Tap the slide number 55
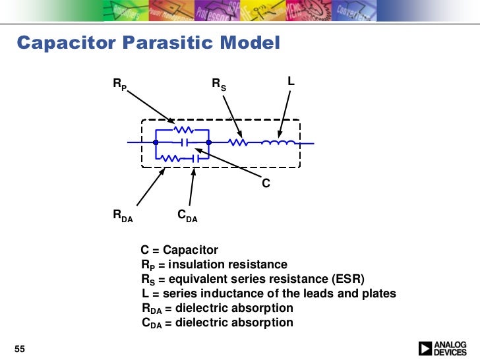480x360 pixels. [19, 348]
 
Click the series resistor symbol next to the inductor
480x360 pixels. [237, 142]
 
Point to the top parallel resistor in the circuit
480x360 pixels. [183, 130]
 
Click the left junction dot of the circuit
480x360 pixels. [156, 142]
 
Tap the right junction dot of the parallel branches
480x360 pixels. [208, 142]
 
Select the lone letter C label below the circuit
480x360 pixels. [266, 184]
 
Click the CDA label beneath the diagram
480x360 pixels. [187, 215]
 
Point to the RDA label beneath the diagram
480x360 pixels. [123, 215]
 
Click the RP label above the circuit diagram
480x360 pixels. [120, 84]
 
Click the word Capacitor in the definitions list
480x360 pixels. [191, 250]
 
